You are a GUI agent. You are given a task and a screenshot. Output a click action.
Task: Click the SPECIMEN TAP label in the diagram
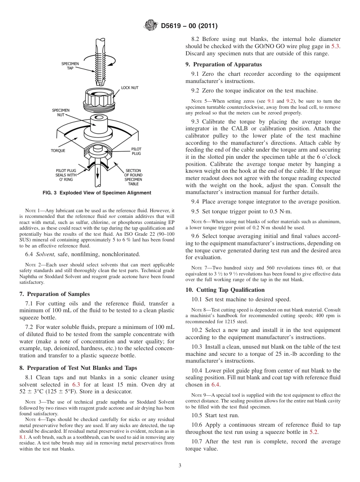tap(70, 66)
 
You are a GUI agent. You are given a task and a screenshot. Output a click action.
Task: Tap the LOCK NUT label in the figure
tap(130, 88)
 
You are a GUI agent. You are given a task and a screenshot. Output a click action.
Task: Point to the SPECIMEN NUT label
tap(61, 112)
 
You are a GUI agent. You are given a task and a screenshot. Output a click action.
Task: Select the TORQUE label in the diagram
tap(58, 150)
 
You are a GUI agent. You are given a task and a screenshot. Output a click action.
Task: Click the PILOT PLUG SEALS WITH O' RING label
tap(66, 175)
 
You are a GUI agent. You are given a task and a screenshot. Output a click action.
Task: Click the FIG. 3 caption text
tap(97, 193)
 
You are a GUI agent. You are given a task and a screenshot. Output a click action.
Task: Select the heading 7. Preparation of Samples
tap(55, 294)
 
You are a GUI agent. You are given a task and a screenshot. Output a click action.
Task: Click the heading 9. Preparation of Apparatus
tap(224, 64)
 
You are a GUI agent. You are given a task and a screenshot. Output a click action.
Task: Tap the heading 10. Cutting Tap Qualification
tap(225, 290)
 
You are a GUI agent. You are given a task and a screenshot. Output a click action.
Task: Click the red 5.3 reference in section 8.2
tap(336, 46)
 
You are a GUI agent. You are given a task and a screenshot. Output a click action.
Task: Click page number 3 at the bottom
tap(180, 465)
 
